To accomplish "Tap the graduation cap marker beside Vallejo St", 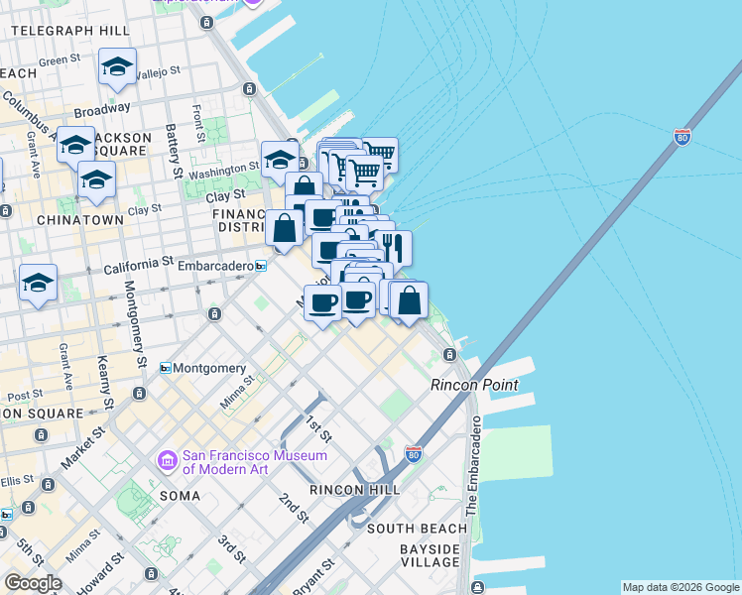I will [x=117, y=67].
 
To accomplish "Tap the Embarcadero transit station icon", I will [x=261, y=266].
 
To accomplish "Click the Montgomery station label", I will [x=209, y=368].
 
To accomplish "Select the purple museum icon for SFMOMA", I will [x=167, y=461].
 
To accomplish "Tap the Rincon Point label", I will [x=474, y=385].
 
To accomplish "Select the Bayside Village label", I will [x=430, y=555].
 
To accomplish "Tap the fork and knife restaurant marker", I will [x=394, y=247].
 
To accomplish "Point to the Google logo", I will [x=33, y=583].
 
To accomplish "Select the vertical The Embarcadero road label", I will [x=473, y=466].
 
